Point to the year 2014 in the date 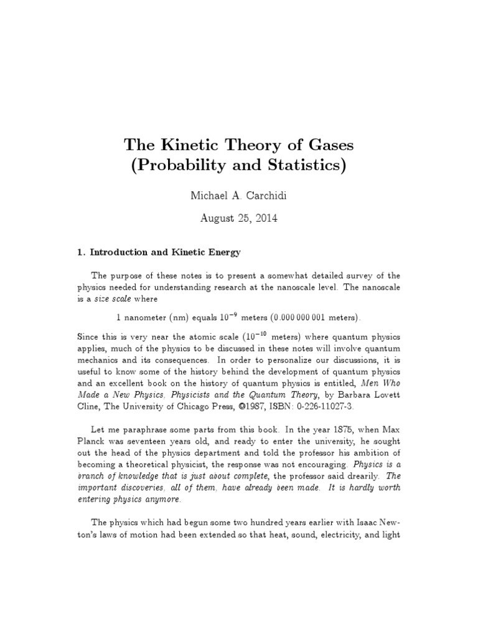pos(265,219)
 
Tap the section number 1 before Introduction pos(80,253)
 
